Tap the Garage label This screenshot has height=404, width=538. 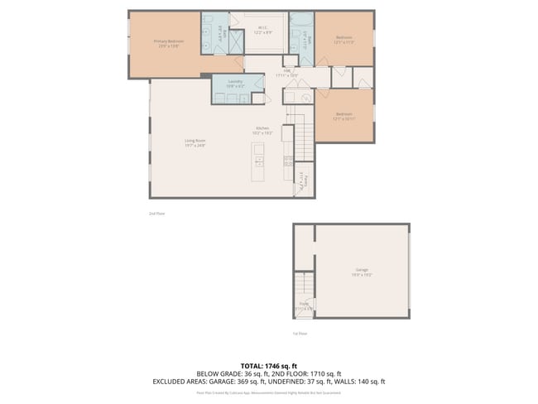[x=362, y=270]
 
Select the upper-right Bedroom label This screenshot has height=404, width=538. [x=344, y=38]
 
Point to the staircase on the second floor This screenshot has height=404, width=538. [x=299, y=132]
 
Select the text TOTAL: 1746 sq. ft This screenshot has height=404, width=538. [x=269, y=365]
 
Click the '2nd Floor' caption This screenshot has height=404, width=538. [x=157, y=214]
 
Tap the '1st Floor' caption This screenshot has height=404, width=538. [x=299, y=334]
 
